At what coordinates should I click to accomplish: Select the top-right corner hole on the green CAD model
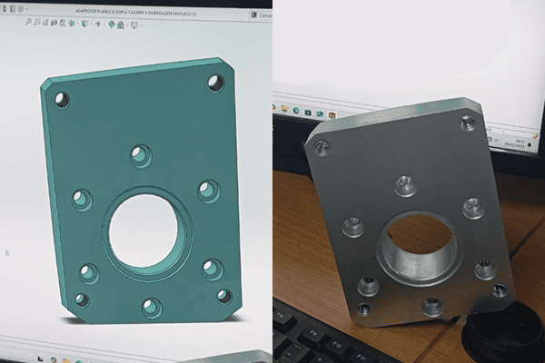click(215, 83)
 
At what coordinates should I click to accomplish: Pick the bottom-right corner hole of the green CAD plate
click(224, 296)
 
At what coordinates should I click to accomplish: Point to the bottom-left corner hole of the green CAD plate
click(82, 299)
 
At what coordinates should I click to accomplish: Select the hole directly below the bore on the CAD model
click(152, 308)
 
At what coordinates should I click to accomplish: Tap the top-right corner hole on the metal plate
click(468, 123)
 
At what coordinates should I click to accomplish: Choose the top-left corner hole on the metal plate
click(321, 147)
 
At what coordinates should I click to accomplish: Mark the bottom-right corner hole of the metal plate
click(499, 291)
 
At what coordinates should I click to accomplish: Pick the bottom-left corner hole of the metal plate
click(364, 309)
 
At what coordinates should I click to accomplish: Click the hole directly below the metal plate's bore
click(432, 306)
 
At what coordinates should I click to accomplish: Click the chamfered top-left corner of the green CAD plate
click(45, 84)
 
